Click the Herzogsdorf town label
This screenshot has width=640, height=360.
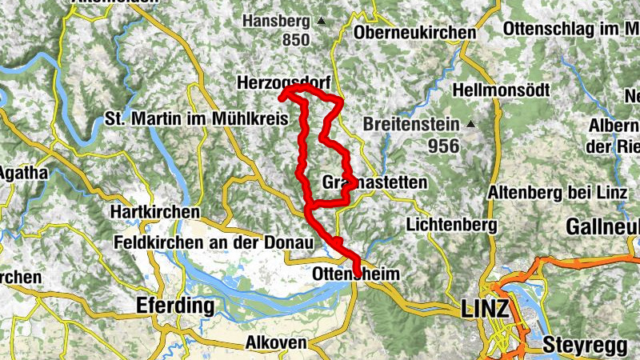coord(285,82)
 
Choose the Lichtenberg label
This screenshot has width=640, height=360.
coord(451,225)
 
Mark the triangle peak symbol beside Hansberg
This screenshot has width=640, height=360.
coord(321,20)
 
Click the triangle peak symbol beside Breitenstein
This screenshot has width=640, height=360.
coord(471,125)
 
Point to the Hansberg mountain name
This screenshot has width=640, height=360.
coord(274,20)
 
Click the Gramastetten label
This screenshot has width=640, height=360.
coord(374,182)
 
